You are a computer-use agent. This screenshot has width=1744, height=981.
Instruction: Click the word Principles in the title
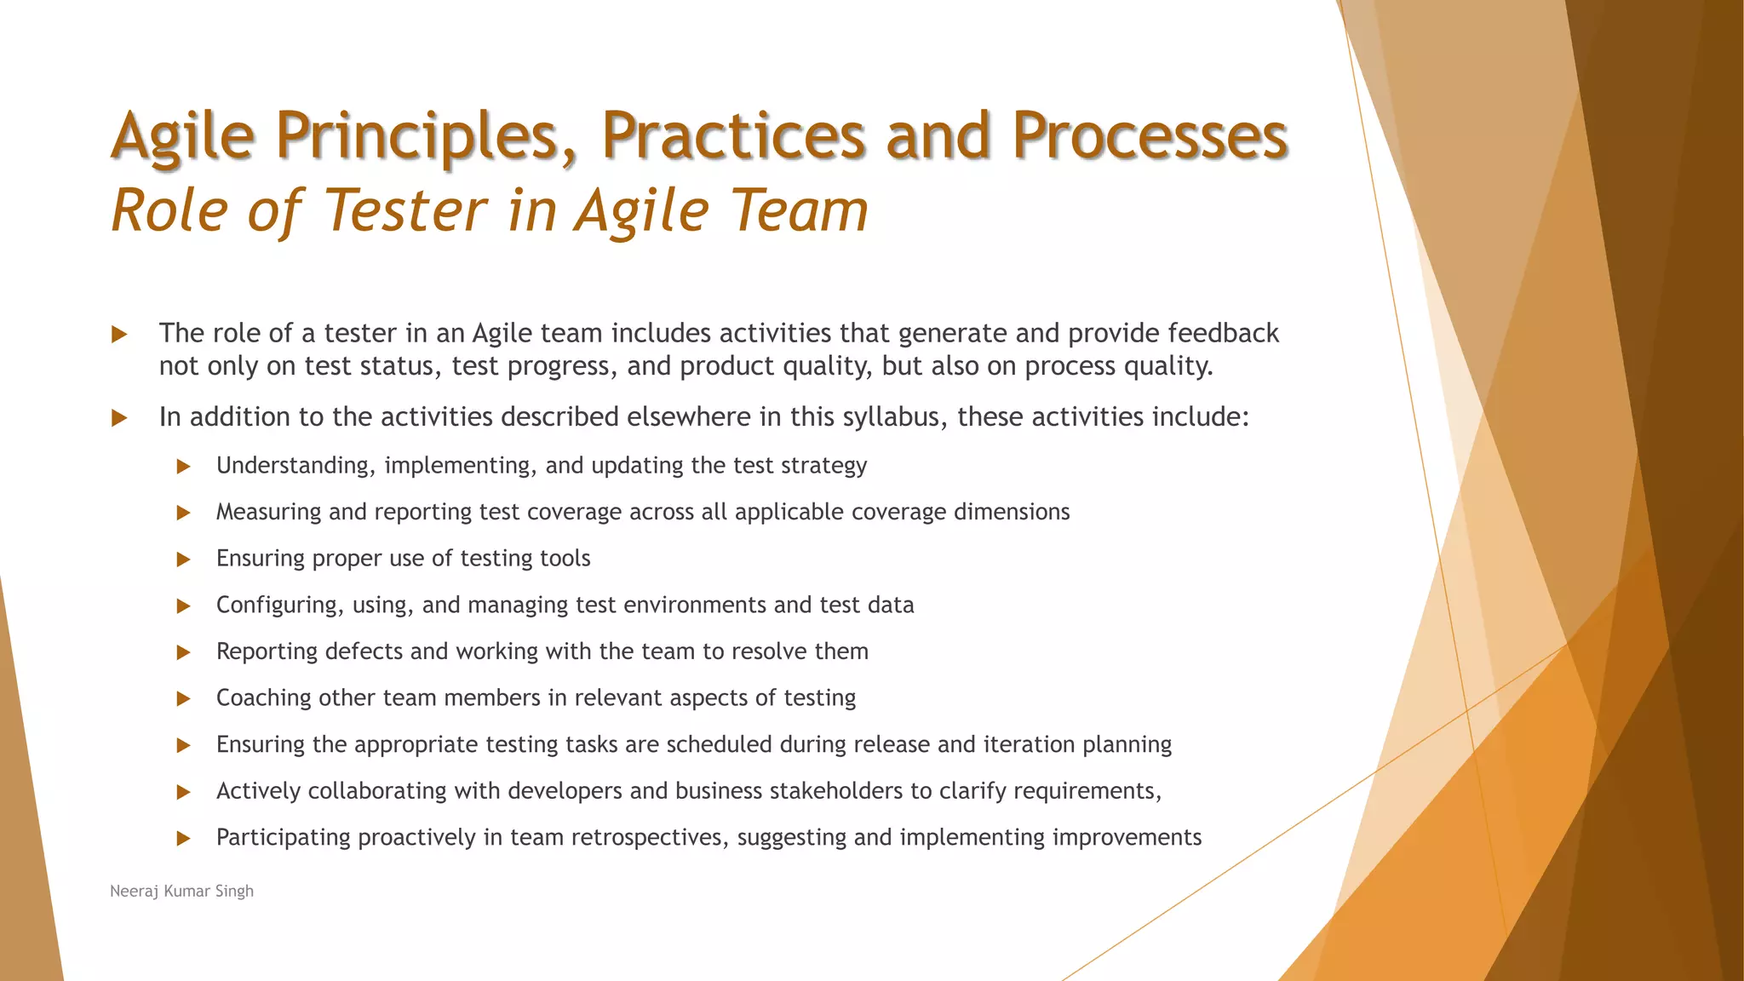[x=427, y=136]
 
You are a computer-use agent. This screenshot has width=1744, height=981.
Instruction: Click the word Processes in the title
[x=1149, y=136]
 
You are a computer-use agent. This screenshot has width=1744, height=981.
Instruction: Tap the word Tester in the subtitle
[x=405, y=210]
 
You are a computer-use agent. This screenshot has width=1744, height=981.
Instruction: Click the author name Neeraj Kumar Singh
[x=181, y=891]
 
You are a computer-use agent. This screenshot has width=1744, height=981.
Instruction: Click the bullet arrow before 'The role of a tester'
[x=119, y=334]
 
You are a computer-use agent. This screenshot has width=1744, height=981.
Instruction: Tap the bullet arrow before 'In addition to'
[x=119, y=418]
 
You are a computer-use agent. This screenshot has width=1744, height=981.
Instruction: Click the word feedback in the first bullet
[x=1223, y=333]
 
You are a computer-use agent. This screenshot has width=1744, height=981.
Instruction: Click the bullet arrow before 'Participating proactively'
[x=183, y=839]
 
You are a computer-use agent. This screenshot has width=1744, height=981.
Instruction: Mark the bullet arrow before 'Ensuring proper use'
[x=183, y=559]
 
